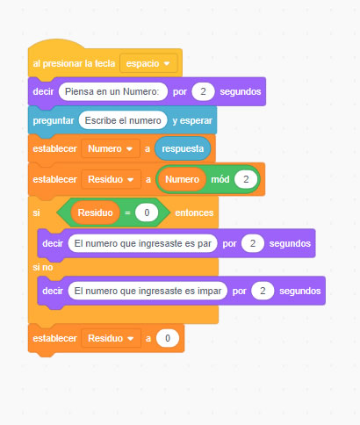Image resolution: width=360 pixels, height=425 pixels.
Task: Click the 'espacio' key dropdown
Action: coord(148,63)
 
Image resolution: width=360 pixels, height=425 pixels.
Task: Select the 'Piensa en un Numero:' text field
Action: coord(113,91)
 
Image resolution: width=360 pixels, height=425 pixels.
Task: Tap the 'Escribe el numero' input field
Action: coord(123,120)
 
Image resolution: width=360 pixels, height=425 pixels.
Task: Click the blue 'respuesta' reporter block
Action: coord(183,148)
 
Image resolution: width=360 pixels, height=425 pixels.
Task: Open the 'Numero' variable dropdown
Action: coord(111,148)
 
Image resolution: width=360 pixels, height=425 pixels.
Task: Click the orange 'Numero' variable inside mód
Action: coord(182,179)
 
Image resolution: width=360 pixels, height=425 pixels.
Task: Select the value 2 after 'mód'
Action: coord(246,179)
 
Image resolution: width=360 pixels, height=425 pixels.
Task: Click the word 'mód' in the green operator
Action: coord(220,179)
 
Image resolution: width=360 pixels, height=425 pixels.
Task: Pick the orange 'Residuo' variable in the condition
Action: coord(95,212)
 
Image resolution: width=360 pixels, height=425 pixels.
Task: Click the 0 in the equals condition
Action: coord(147,212)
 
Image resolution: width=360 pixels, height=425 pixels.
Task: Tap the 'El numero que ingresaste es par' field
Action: coord(142,243)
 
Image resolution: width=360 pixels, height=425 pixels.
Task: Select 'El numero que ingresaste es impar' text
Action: coord(148,291)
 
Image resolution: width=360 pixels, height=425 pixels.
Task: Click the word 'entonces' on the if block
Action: coord(194,212)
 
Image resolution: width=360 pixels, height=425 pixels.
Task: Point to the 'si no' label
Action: coord(43,267)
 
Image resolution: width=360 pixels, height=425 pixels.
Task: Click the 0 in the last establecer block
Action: coord(168,338)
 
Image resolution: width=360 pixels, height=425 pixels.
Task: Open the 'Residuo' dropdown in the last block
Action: coord(112,338)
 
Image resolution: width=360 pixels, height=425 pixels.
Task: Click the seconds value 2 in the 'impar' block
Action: coord(263,291)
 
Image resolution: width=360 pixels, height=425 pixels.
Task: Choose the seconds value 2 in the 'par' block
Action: coord(253,243)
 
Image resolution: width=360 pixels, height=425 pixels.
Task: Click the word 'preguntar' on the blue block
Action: coord(54,120)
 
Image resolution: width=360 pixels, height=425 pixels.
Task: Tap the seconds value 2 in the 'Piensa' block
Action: coord(203,91)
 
